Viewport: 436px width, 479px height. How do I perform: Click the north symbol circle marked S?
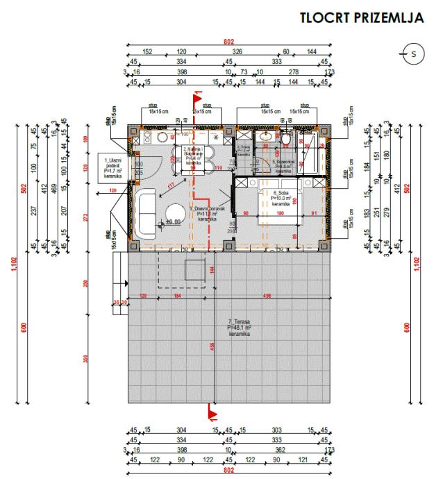[414, 53]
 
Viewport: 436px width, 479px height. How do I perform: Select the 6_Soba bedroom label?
[280, 199]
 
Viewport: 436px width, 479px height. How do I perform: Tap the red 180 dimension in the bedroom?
[280, 213]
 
